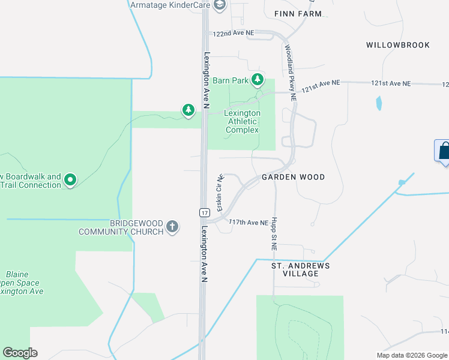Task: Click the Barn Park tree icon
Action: click(258, 79)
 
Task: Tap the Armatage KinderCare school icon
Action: click(219, 5)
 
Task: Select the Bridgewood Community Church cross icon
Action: click(173, 227)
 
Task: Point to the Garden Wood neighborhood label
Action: click(293, 177)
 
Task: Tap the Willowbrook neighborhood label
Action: click(398, 45)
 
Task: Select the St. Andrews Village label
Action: click(301, 269)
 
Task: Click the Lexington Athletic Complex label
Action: click(242, 121)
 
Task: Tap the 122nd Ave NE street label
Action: click(234, 34)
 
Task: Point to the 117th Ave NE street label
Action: click(248, 223)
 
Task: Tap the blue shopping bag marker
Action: click(444, 150)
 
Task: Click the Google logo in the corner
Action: click(20, 353)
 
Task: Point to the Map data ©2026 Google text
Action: click(412, 355)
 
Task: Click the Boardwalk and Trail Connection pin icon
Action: click(70, 179)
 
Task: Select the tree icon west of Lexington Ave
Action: click(188, 110)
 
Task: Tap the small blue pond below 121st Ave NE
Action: click(379, 104)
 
